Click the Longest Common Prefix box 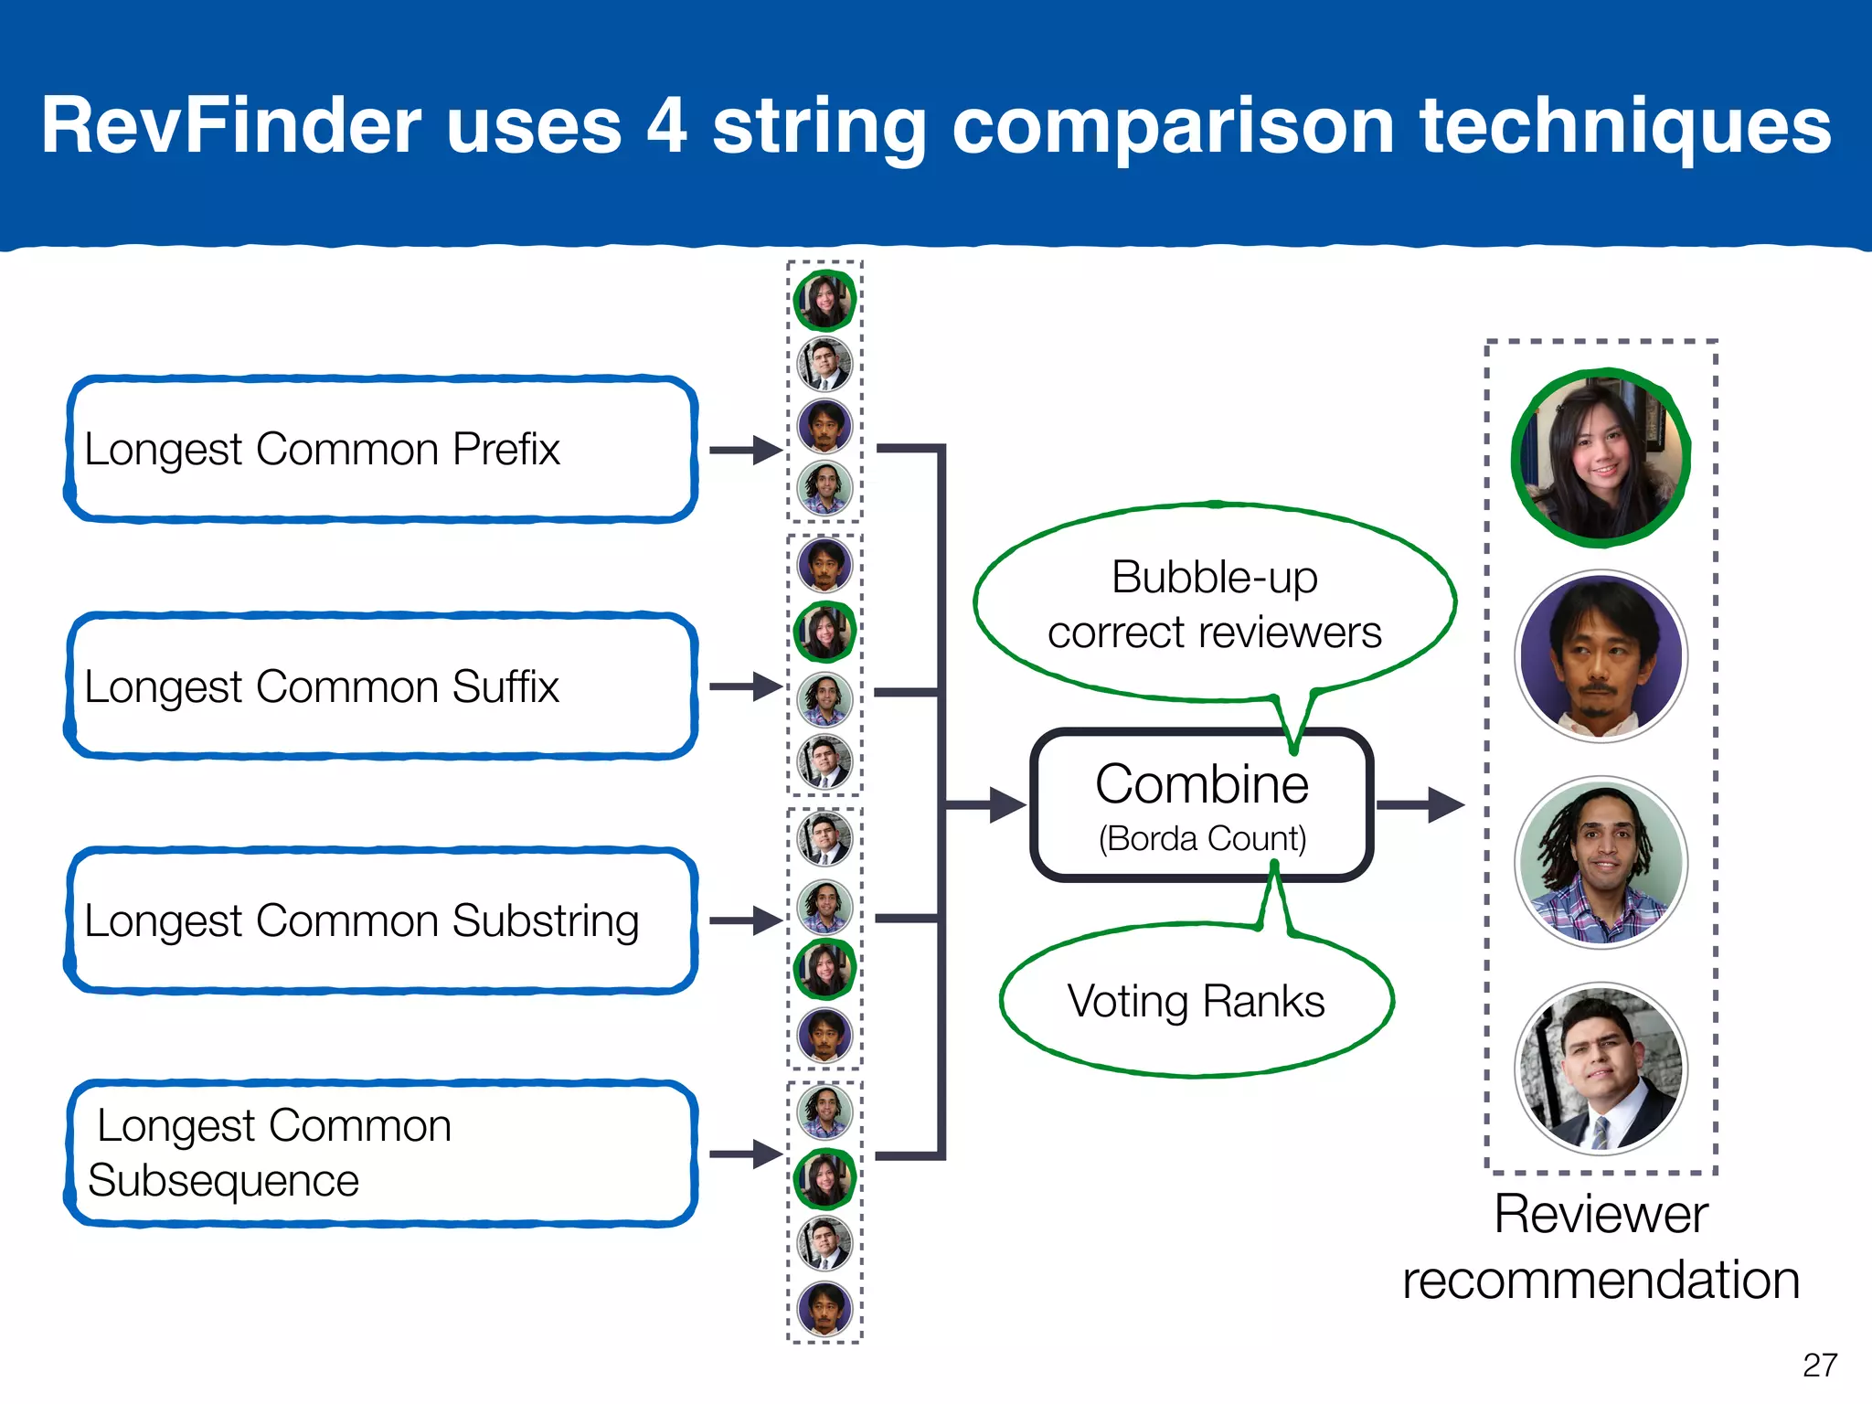coord(379,449)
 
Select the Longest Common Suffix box coord(379,686)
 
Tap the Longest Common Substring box coord(379,920)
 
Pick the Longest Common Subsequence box coord(379,1154)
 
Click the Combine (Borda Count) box coord(1202,805)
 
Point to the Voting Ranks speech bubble coord(1196,1001)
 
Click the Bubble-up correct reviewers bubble coord(1214,604)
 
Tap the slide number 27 coord(1819,1365)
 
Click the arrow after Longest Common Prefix coord(745,450)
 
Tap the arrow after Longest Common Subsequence coord(745,1154)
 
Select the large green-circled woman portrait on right coord(1601,457)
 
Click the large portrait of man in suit coord(1601,1069)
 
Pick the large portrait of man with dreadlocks coord(1601,862)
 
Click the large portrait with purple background coord(1601,656)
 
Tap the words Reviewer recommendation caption coord(1601,1247)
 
